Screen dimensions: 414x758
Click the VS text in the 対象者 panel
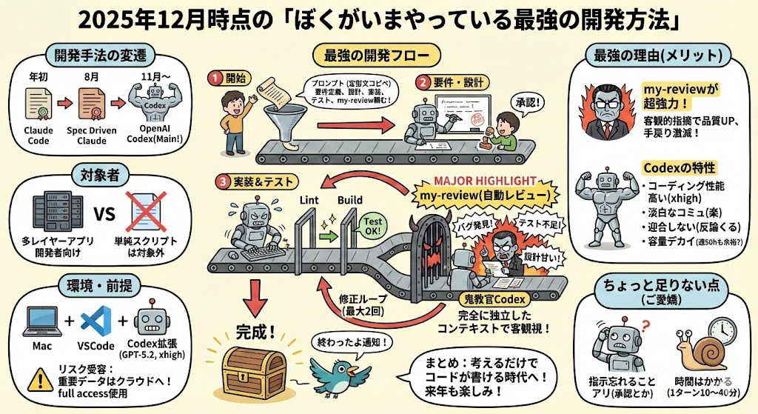(x=104, y=215)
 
